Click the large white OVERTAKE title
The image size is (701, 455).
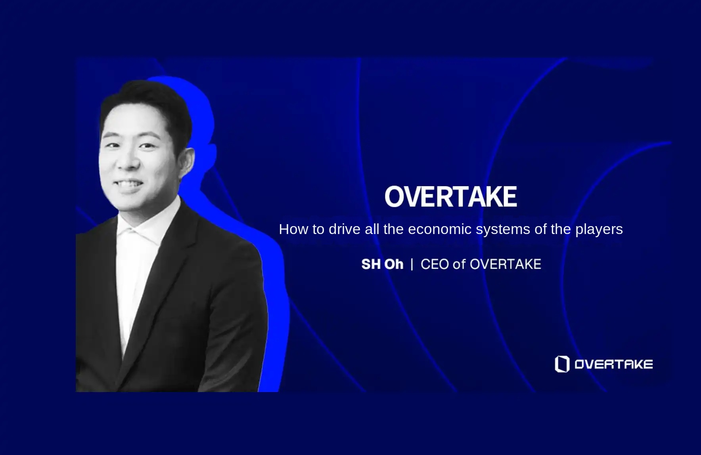(x=451, y=196)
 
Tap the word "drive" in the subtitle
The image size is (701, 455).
(x=345, y=229)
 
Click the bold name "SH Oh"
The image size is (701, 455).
(x=382, y=264)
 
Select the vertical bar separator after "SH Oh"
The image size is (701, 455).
(x=412, y=264)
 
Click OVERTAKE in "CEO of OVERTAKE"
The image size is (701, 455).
(x=506, y=264)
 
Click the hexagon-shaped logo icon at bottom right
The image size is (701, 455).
(x=562, y=364)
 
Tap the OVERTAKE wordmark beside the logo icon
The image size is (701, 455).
(x=613, y=364)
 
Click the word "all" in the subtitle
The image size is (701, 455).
(x=372, y=229)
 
